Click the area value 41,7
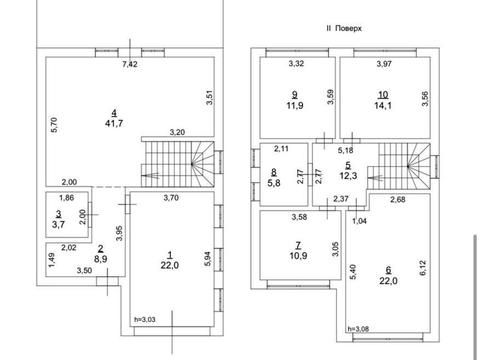pos(114,123)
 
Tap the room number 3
pos(59,213)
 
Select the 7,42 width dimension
pos(130,64)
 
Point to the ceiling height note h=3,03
pos(145,319)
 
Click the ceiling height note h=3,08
pos(358,329)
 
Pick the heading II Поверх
pos(344,28)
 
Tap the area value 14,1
pos(383,106)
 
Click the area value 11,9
pos(295,106)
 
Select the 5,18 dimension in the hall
pos(345,150)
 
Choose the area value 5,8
pos(274,183)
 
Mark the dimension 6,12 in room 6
pos(423,268)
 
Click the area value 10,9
pos(298,256)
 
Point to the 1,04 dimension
pos(359,221)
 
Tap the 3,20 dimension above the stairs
pos(177,132)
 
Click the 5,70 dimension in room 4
pos(54,125)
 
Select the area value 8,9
pos(101,259)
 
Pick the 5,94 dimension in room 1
pos(207,259)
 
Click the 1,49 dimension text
pos(51,260)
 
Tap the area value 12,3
pos(348,175)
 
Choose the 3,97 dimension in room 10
pos(384,64)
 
